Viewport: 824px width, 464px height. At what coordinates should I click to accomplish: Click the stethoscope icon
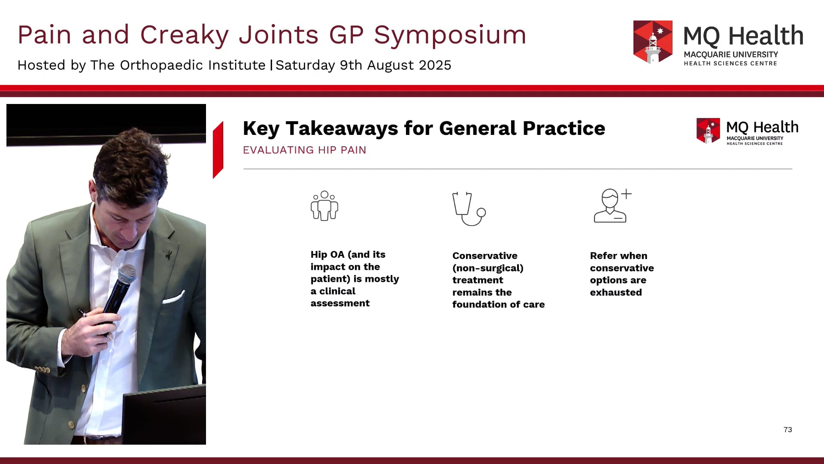coord(469,209)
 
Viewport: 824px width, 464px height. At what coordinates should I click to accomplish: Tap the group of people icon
coord(324,206)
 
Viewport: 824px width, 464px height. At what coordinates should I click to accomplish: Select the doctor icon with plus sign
coord(612,206)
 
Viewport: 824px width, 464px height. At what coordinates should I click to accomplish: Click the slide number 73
coord(788,430)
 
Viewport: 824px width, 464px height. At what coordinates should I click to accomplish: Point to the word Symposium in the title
coord(450,35)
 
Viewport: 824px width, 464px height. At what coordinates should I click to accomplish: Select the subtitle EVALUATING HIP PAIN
coord(304,150)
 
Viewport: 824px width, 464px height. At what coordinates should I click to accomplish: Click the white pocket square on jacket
coord(173,298)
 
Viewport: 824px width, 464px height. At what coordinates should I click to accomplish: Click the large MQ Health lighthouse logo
coord(653,42)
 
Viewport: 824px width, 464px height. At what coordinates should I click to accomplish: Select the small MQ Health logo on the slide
coord(708,131)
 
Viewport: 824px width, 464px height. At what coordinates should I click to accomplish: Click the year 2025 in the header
coord(435,65)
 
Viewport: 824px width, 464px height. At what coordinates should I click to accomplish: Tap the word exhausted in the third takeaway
coord(616,293)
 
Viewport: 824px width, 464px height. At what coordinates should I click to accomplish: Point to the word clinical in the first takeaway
coord(337,291)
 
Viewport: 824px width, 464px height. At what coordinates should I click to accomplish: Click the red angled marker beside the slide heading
coord(218,150)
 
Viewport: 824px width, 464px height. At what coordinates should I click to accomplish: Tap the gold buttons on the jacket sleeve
coord(42,369)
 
